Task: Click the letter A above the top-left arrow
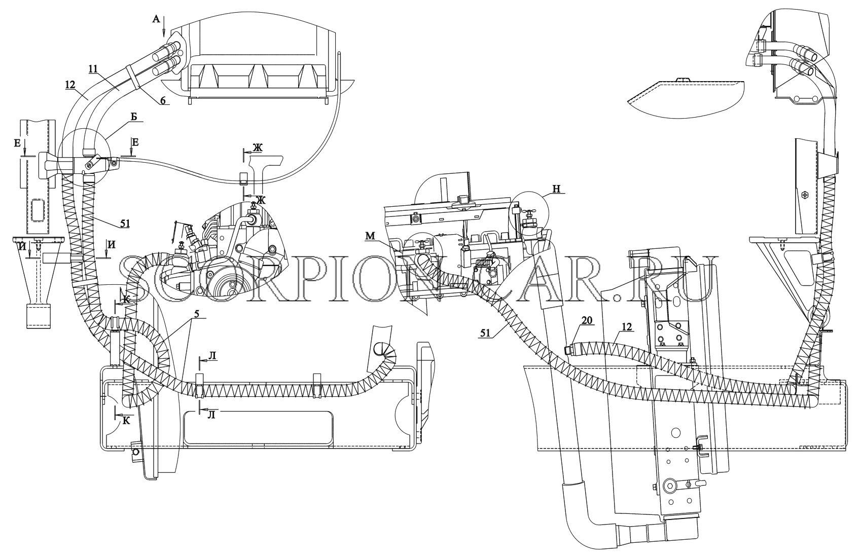pyautogui.click(x=156, y=19)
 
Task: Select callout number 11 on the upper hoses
pyautogui.click(x=94, y=69)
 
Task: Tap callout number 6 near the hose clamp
pyautogui.click(x=163, y=101)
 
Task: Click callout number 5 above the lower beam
pyautogui.click(x=196, y=314)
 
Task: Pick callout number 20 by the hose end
pyautogui.click(x=587, y=320)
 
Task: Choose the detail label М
pyautogui.click(x=370, y=236)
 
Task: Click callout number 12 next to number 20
pyautogui.click(x=627, y=327)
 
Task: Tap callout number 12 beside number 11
pyautogui.click(x=70, y=85)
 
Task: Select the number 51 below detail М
pyautogui.click(x=485, y=333)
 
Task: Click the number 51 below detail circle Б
pyautogui.click(x=125, y=224)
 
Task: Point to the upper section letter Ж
pyautogui.click(x=257, y=147)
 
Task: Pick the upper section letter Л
pyautogui.click(x=212, y=356)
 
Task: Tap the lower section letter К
pyautogui.click(x=126, y=421)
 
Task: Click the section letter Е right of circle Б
pyautogui.click(x=135, y=142)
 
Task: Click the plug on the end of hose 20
pyautogui.click(x=567, y=350)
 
